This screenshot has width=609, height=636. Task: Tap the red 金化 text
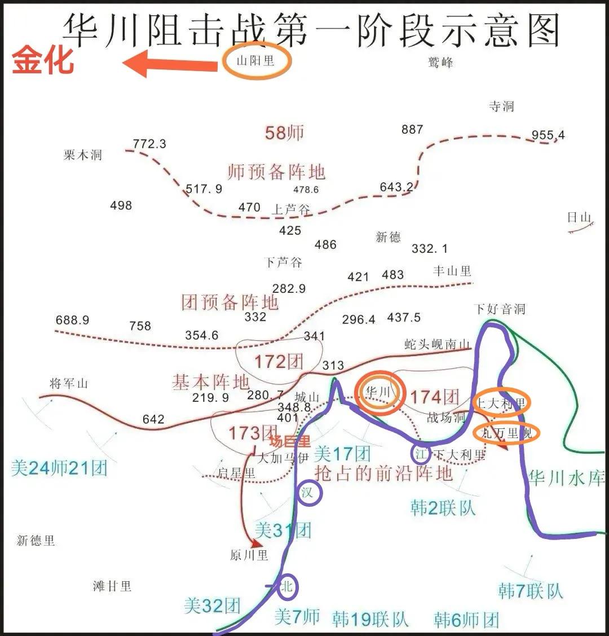coord(43,61)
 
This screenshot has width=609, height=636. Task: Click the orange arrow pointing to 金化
coord(169,64)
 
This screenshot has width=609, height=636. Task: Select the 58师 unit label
coord(284,133)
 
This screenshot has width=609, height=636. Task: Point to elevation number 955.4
coord(548,135)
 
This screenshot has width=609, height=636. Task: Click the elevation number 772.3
coord(149,144)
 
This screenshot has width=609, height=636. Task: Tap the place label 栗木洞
coord(83,155)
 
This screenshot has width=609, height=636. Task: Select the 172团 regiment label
coord(278,361)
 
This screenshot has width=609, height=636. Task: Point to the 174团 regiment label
coord(434,397)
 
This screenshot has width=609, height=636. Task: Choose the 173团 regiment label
coord(252,433)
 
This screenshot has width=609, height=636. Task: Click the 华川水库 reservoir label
coord(566,479)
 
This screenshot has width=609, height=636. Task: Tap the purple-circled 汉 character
coord(307,493)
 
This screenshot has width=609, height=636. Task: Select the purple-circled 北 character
coord(287,587)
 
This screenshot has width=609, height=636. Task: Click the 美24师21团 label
coord(59,467)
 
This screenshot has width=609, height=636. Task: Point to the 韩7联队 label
coord(531,591)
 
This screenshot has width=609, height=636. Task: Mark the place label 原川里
coord(249,555)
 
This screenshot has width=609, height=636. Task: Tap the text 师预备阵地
coord(276,172)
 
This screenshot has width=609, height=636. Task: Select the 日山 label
coord(579,218)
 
